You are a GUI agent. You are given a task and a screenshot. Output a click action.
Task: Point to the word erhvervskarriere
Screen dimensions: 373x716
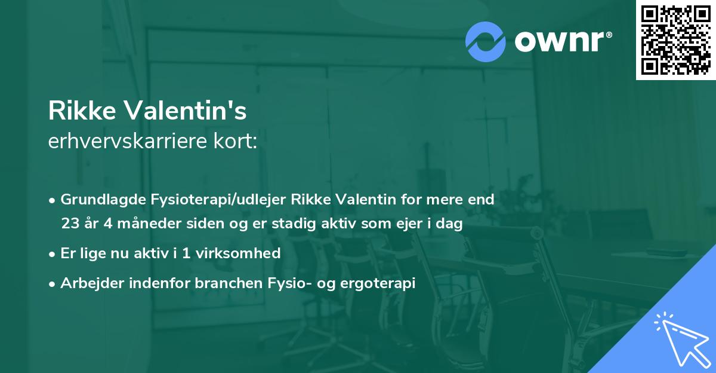(x=124, y=142)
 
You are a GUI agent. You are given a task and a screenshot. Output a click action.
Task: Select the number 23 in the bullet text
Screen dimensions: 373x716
(x=69, y=224)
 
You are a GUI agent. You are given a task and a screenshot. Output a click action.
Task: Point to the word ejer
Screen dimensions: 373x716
(x=407, y=224)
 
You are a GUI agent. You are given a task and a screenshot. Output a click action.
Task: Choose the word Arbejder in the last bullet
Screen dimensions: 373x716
(x=87, y=283)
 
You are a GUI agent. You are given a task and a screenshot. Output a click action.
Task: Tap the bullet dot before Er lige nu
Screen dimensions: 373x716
(x=53, y=253)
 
